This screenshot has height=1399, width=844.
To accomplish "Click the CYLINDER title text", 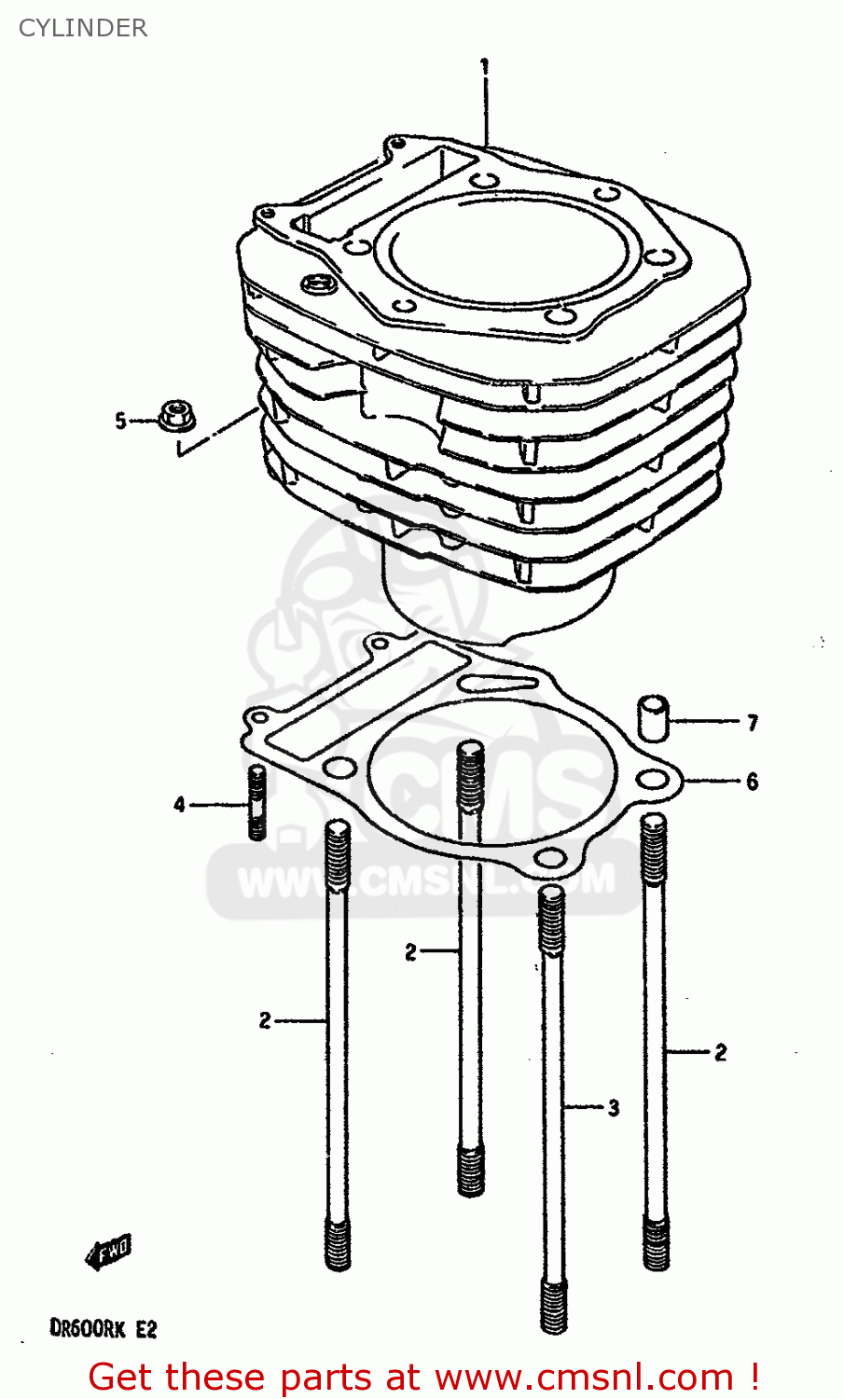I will [83, 28].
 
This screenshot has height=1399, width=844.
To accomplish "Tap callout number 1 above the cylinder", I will [484, 67].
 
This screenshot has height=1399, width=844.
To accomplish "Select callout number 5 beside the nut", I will [120, 422].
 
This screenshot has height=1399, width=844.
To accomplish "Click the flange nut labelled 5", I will [174, 416].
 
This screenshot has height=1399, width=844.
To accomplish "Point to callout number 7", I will [752, 722].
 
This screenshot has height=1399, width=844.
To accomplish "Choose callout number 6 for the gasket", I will [752, 782].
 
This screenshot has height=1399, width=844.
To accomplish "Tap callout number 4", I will [179, 804].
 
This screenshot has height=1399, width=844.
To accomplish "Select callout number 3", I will [613, 1108].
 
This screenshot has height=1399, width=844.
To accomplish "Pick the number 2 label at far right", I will [720, 1052].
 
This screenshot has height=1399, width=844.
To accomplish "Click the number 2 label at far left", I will [265, 1020].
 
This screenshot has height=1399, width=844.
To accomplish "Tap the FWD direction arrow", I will [109, 1252].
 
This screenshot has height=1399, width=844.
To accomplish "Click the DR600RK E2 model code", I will [103, 1327].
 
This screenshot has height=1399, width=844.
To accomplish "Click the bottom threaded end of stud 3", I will [553, 1304].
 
